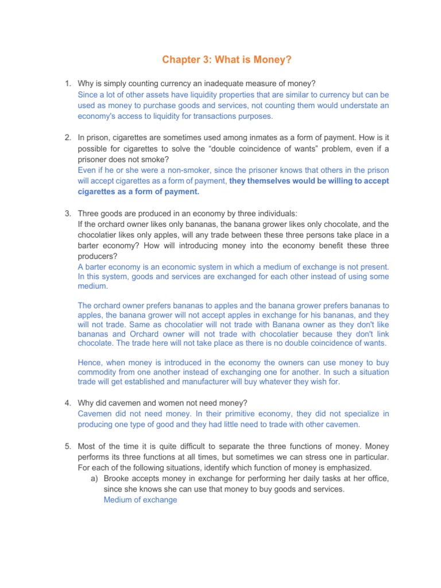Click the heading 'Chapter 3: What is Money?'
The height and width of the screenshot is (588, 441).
pyautogui.click(x=220, y=60)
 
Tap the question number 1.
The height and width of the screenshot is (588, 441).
pyautogui.click(x=67, y=85)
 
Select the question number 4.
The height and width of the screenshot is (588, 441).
pyautogui.click(x=67, y=403)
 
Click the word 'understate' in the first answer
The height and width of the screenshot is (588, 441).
pyautogui.click(x=357, y=106)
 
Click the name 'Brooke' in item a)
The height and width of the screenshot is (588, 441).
pyautogui.click(x=117, y=479)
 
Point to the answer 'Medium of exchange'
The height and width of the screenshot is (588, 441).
pyautogui.click(x=141, y=500)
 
